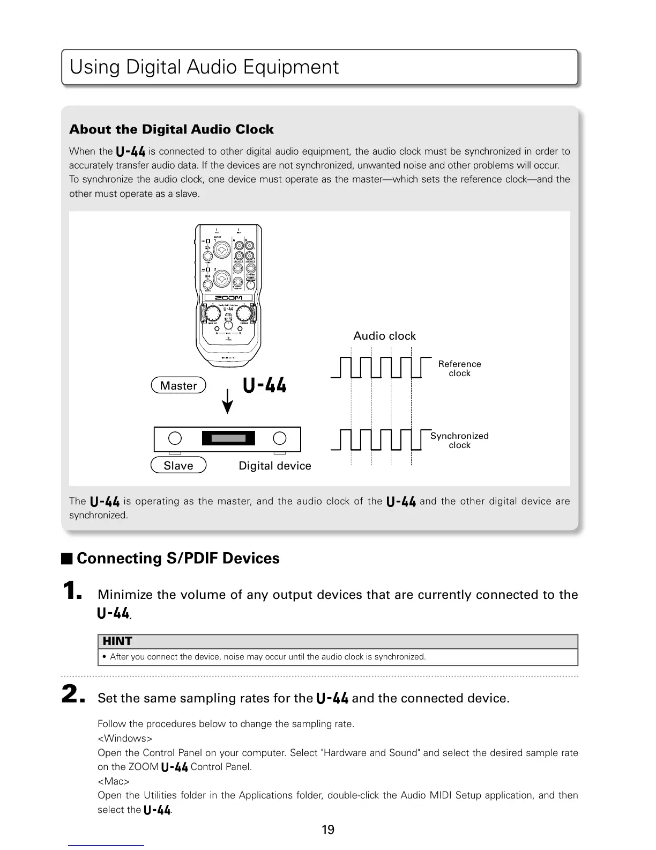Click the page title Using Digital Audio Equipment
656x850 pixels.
pos(204,67)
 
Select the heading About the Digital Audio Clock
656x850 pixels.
pos(171,129)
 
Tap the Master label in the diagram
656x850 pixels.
pos(178,385)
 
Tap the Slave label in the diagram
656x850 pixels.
pos(178,465)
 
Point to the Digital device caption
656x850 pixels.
pos(274,465)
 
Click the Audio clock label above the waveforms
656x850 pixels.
pos(384,336)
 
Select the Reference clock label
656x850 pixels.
pos(459,368)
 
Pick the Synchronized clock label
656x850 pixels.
pos(459,440)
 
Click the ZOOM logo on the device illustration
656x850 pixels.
pos(228,298)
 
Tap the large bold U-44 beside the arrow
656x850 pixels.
pos(265,385)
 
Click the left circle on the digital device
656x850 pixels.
pos(175,438)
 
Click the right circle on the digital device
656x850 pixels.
pos(280,438)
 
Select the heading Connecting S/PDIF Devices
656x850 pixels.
pos(178,558)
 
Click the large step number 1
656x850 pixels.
pos(72,592)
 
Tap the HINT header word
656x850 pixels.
pos(117,641)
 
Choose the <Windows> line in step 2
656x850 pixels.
pos(125,738)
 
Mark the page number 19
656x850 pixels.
pos(328,830)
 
